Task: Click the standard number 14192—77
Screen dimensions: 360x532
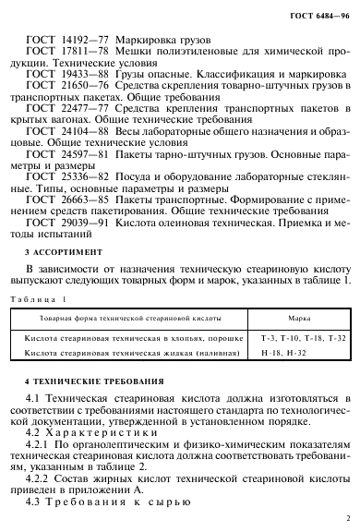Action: (x=82, y=42)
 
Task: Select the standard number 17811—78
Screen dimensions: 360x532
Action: (x=82, y=55)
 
